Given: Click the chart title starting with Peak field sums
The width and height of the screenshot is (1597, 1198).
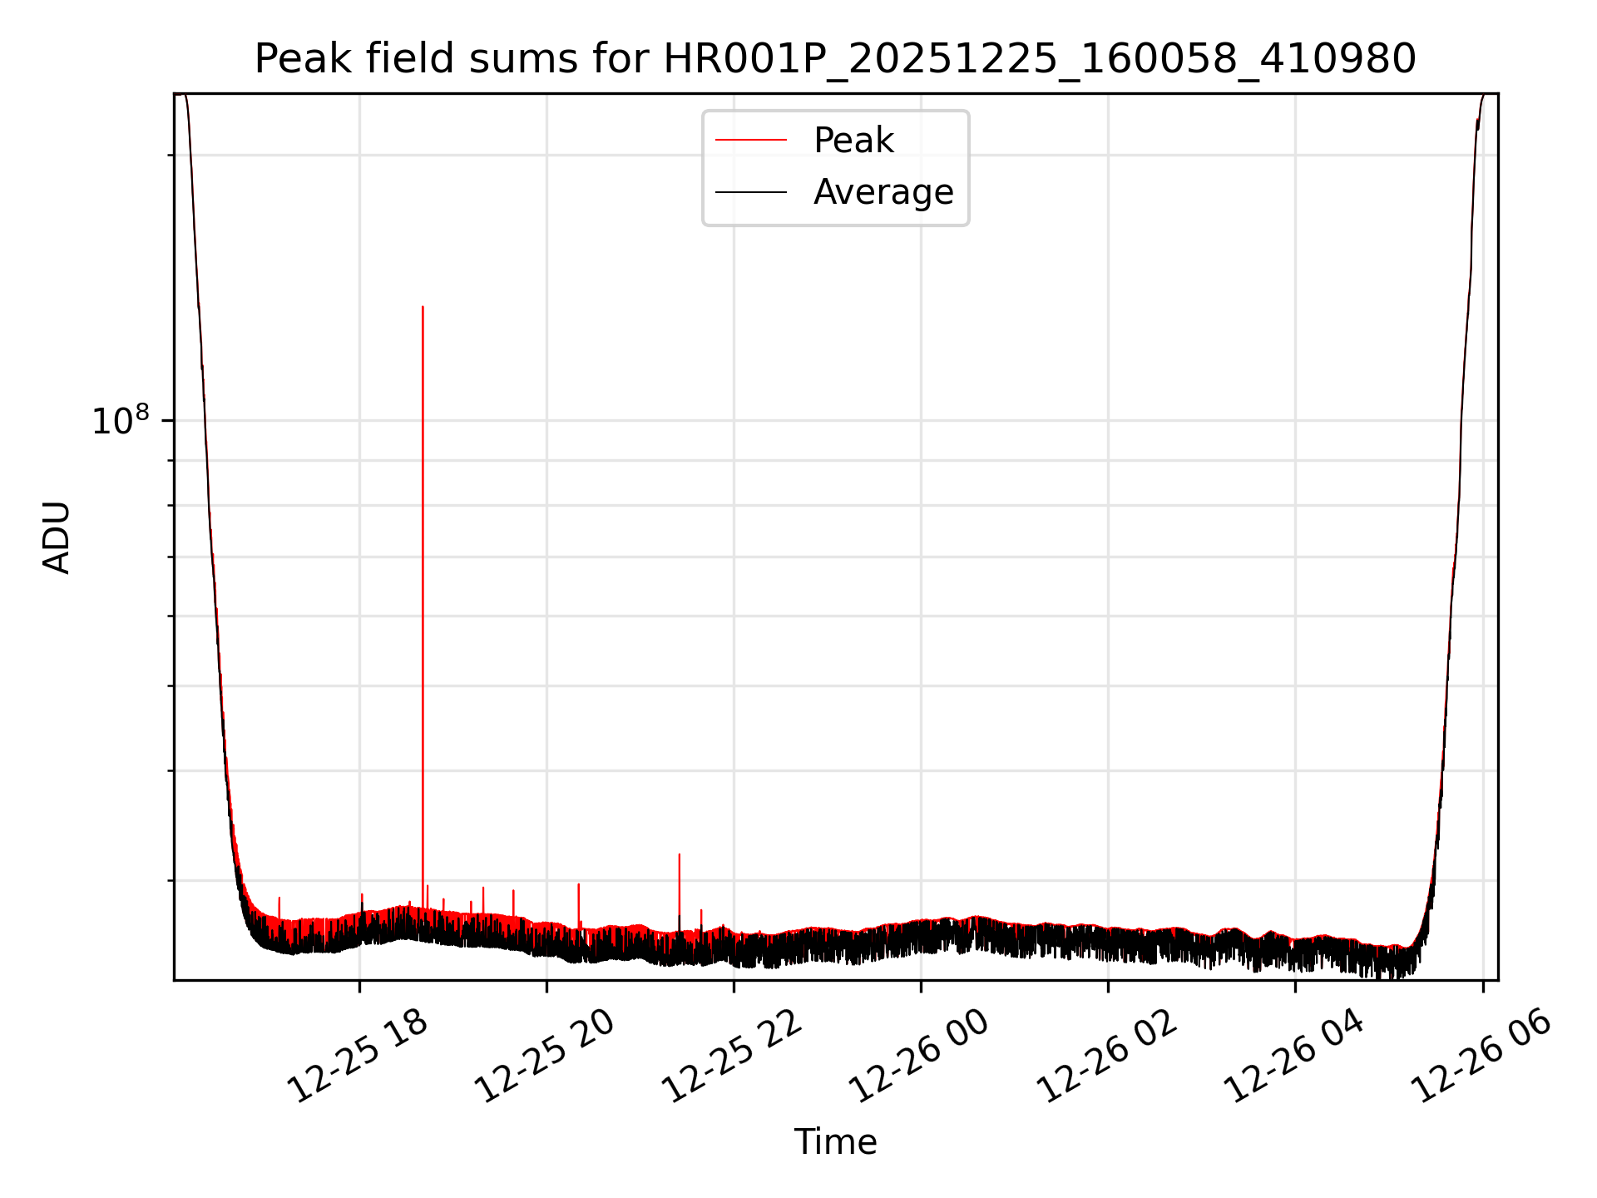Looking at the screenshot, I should [x=834, y=59].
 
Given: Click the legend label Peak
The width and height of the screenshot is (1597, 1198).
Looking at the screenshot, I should [x=853, y=141].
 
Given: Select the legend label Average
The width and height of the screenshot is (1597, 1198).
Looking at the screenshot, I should [x=883, y=192].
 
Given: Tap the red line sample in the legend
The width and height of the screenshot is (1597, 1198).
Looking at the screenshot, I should [x=750, y=141].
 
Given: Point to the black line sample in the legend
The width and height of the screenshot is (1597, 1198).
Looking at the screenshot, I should [x=750, y=192].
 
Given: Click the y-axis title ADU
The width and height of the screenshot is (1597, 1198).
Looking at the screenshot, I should [x=57, y=537].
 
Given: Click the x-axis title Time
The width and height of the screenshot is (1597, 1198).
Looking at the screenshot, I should [x=835, y=1142].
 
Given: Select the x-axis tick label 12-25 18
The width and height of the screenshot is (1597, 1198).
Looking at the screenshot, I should [x=358, y=1056].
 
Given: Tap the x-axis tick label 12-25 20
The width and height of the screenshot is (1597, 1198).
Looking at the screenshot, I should [x=545, y=1056].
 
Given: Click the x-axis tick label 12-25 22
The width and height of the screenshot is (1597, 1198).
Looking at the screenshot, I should [x=732, y=1056].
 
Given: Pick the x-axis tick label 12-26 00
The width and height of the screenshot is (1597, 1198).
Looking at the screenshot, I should [x=919, y=1056].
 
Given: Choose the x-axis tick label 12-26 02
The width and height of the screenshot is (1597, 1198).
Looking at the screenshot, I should [x=1106, y=1056].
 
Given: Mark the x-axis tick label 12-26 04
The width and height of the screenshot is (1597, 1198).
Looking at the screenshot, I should [x=1293, y=1056].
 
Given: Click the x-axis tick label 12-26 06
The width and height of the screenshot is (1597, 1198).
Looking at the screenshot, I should [x=1481, y=1056].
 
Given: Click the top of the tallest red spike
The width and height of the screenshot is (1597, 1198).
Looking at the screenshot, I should [x=423, y=308].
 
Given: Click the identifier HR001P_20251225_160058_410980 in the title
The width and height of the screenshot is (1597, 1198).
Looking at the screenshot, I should [x=1039, y=59].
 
